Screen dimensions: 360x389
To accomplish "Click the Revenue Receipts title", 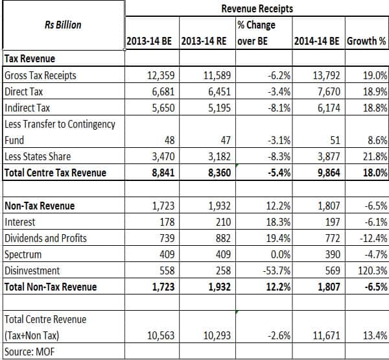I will pyautogui.click(x=257, y=8).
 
